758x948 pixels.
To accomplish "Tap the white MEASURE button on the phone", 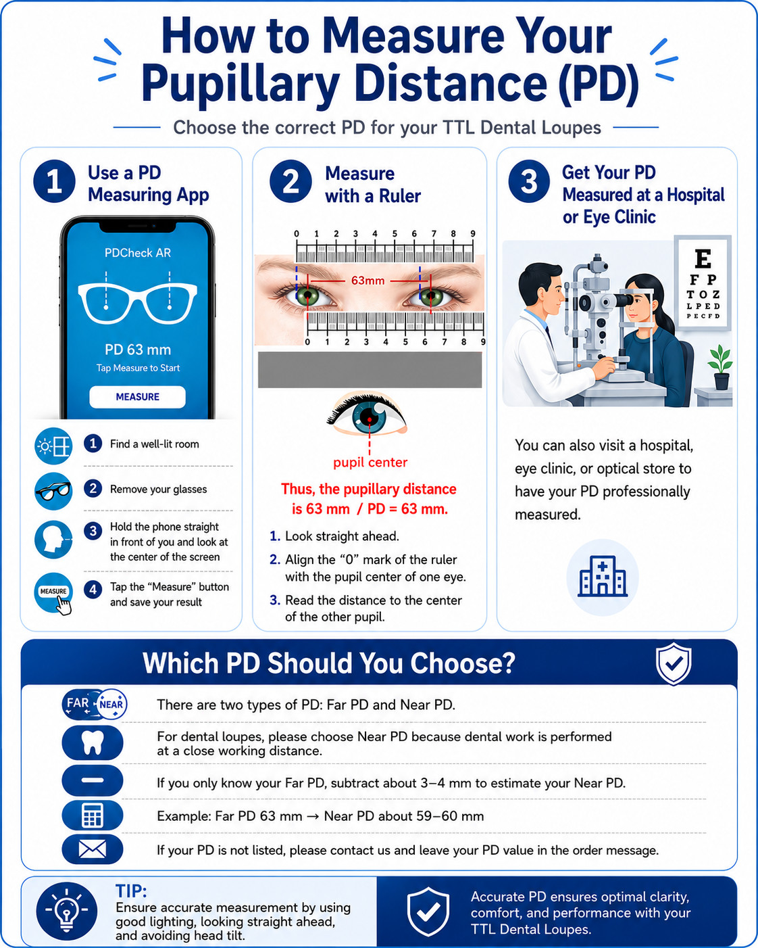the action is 137,396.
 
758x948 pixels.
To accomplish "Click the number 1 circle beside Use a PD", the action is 54,181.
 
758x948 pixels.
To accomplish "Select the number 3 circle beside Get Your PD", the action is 529,181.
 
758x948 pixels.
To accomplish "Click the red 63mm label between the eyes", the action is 368,281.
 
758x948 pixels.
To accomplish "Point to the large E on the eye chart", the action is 703,258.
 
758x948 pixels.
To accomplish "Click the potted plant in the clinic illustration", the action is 721,367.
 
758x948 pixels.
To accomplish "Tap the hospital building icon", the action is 602,576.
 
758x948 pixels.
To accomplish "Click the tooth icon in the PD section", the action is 93,742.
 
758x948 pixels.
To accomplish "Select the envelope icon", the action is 93,849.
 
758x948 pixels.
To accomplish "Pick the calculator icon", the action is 93,815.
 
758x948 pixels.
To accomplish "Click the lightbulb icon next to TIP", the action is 66,910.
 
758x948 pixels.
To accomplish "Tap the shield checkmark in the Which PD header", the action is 674,663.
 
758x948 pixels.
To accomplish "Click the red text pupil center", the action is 370,462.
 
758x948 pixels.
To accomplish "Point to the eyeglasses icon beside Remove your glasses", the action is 53,491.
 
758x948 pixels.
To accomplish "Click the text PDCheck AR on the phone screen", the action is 137,253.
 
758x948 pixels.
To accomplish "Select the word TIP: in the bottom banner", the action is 131,891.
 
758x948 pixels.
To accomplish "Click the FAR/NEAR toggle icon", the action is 95,704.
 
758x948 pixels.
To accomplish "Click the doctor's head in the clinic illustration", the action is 540,286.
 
